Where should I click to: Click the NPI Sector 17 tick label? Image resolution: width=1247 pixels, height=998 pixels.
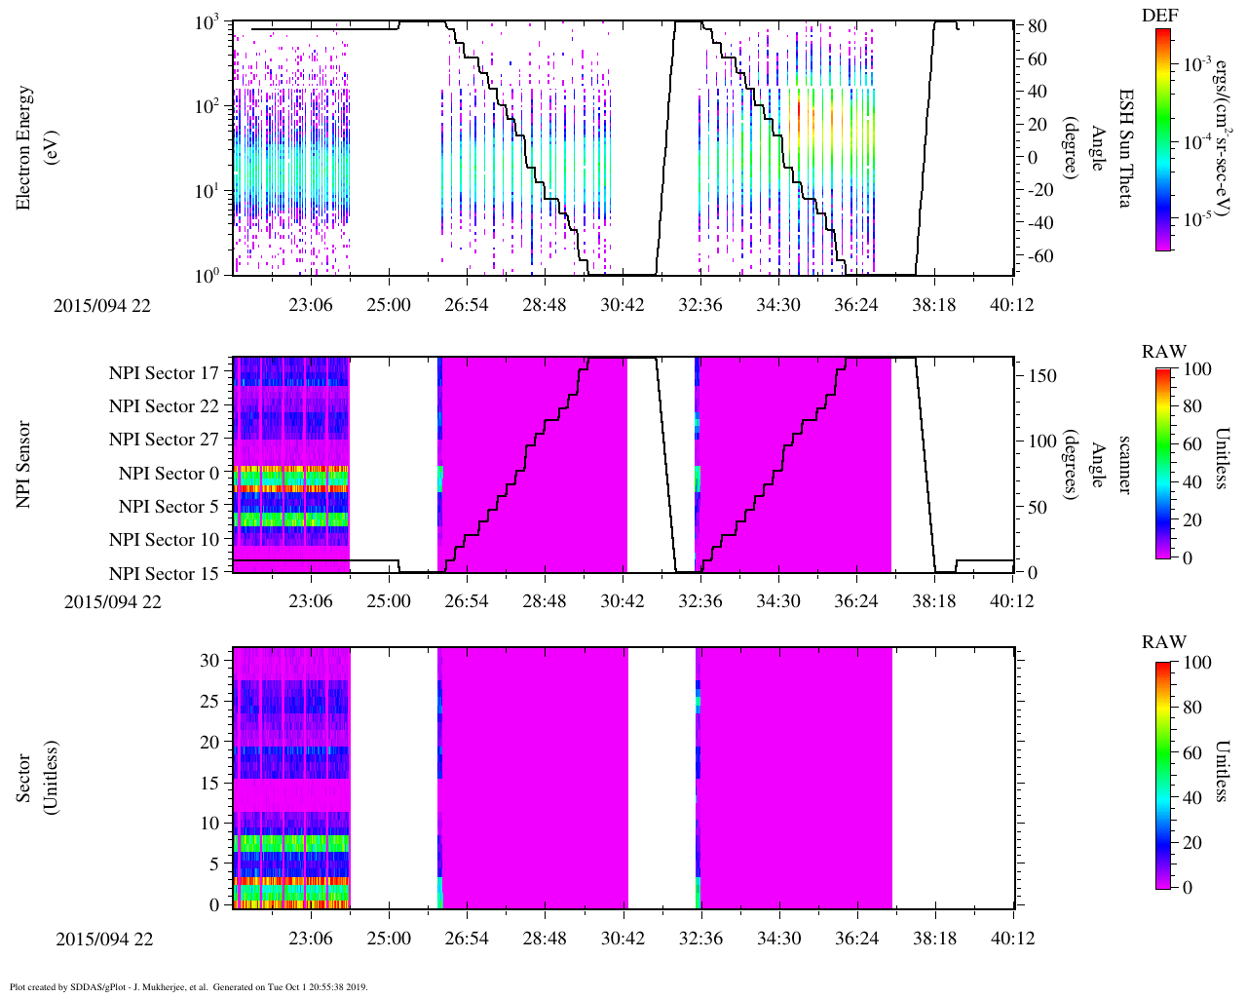coord(164,373)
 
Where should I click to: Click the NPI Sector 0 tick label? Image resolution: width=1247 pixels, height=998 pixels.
coord(170,474)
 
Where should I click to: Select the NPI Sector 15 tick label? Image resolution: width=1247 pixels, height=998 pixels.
coord(164,574)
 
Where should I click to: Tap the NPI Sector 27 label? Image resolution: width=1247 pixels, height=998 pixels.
coord(164,440)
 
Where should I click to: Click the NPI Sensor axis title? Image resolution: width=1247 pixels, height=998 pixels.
coord(24,464)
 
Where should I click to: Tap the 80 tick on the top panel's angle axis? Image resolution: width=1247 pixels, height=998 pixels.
coord(1038,26)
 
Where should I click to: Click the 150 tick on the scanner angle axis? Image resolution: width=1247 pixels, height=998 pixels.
coord(1043,375)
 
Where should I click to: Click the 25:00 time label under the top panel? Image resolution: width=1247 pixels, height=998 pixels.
coord(389,305)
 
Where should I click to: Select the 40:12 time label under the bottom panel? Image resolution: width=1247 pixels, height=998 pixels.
coord(1013,939)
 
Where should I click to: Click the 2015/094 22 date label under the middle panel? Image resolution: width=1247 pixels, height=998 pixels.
coord(113,601)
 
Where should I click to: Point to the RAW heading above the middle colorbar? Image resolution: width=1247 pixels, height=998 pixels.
coord(1164,352)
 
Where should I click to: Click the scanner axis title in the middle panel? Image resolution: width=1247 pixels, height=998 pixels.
coord(1125,465)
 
